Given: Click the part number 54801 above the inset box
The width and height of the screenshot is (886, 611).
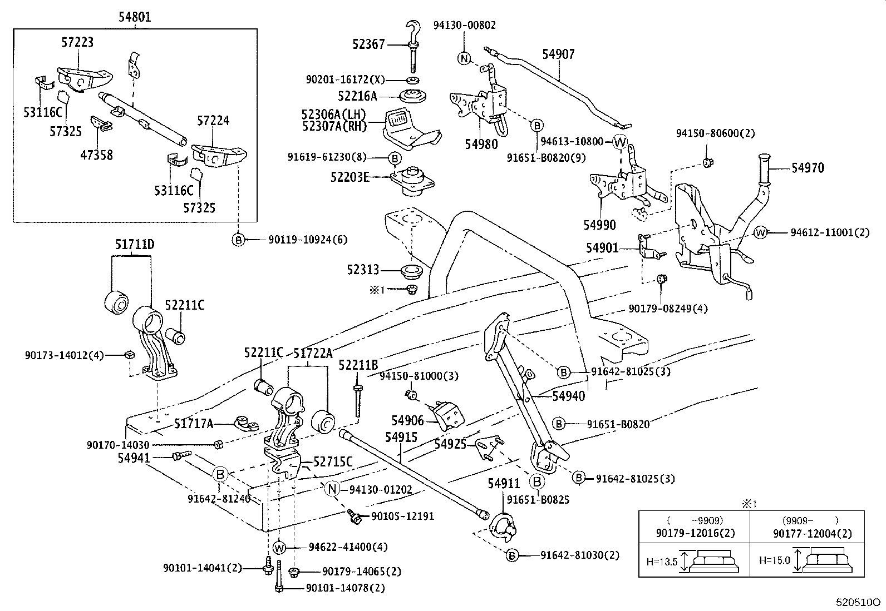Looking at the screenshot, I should (134, 17).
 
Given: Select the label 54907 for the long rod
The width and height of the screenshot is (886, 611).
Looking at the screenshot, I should (558, 54).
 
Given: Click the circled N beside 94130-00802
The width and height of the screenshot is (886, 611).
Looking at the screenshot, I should (464, 58).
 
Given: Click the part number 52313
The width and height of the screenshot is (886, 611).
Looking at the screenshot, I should (362, 270).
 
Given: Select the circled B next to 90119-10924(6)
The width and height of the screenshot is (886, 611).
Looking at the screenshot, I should (238, 240).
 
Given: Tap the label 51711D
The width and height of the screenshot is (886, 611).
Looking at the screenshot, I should (135, 245).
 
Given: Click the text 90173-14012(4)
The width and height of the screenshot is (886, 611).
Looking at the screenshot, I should (64, 355).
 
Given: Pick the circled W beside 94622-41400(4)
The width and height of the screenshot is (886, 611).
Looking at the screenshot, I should (279, 548).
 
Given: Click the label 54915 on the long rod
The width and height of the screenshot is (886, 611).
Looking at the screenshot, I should (401, 437).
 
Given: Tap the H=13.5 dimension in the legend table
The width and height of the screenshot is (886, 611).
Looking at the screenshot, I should (662, 562).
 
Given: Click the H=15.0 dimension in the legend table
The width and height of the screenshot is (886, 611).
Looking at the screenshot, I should (774, 560).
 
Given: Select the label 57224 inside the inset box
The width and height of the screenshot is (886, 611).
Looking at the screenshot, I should (213, 121).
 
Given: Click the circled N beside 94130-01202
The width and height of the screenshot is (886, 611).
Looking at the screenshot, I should (332, 489).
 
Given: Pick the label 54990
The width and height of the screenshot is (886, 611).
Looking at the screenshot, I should (599, 225).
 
